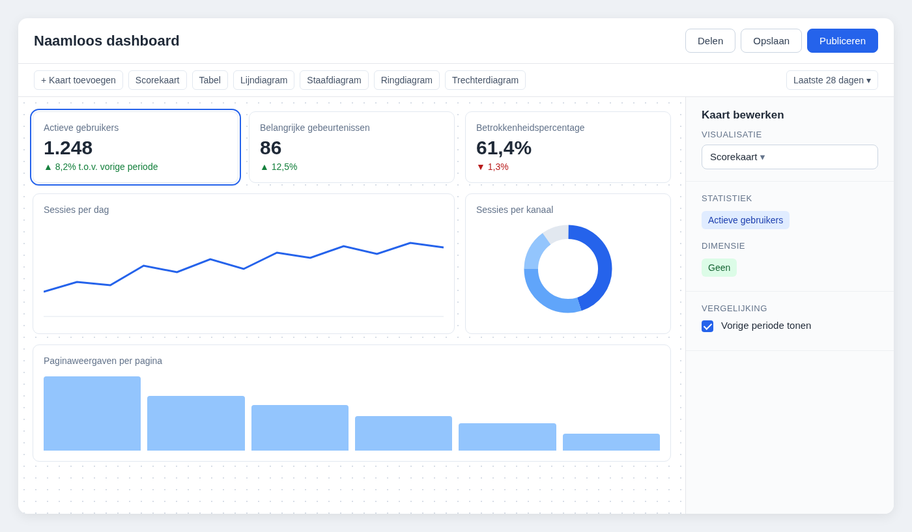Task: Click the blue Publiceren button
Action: [x=842, y=41]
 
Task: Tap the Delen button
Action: [x=710, y=41]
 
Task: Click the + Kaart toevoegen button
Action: [x=78, y=80]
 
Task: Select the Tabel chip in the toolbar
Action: [x=210, y=80]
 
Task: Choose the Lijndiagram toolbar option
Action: [x=264, y=80]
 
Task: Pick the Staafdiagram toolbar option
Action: [x=334, y=80]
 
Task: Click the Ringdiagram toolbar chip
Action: [x=406, y=80]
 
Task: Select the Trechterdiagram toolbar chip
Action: [x=485, y=80]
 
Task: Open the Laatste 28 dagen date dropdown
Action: [x=832, y=80]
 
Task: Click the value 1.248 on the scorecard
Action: [x=68, y=148]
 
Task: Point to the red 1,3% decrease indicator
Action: [x=492, y=167]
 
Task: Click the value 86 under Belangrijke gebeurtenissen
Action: [x=271, y=148]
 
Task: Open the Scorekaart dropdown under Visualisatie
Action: [x=790, y=157]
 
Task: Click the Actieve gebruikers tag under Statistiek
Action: [x=745, y=220]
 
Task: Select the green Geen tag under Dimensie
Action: [x=719, y=268]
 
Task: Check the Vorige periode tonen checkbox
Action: [x=707, y=326]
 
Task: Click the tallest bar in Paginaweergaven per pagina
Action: [x=92, y=413]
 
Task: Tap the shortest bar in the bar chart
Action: [x=611, y=442]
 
